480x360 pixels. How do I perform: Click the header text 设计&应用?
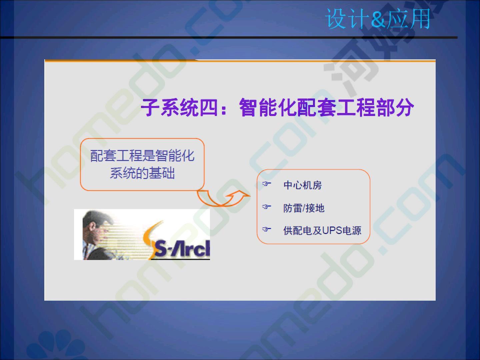point(378,19)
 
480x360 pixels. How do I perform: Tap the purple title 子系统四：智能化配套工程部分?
point(277,108)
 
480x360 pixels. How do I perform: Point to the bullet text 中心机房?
point(302,185)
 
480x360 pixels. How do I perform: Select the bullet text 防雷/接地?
point(304,208)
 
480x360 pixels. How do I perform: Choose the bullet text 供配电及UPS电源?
point(322,230)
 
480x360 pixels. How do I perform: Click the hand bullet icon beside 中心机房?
point(267,184)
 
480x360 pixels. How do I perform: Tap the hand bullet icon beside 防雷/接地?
point(267,207)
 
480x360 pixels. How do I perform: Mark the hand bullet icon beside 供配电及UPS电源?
point(267,229)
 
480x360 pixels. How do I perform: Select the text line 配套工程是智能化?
point(142,156)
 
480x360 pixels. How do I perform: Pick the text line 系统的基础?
point(142,173)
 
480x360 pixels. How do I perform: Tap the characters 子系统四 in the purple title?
point(179,108)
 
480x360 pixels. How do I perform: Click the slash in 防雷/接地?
point(304,208)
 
